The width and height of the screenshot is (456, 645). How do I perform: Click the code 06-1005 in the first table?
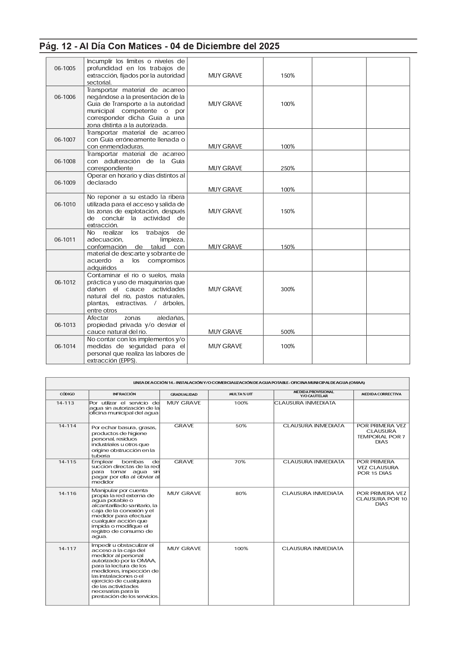[65, 68]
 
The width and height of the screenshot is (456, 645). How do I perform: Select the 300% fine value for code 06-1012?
[288, 289]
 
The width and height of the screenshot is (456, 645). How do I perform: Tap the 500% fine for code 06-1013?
[288, 332]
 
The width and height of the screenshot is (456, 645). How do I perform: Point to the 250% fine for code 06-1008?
[288, 168]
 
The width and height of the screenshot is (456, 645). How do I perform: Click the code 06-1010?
[65, 204]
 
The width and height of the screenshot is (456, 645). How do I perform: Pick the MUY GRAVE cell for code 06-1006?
[225, 104]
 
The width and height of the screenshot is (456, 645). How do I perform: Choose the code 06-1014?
[65, 346]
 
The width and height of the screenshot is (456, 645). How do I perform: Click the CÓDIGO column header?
[67, 394]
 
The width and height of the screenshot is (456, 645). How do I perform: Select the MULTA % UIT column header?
[241, 394]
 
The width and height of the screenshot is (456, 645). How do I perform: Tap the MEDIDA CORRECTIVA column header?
[381, 394]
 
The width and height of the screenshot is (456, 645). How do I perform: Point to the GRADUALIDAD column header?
[184, 394]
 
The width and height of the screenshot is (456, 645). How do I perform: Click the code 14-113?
[65, 403]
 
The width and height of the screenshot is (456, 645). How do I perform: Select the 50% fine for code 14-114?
[241, 426]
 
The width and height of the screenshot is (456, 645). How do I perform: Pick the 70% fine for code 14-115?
[240, 462]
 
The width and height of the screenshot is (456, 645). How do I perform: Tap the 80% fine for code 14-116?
[241, 493]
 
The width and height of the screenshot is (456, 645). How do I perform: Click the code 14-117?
[68, 549]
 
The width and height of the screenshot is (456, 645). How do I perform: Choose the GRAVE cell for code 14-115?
[184, 462]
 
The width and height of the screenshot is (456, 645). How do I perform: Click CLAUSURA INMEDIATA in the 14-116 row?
[312, 493]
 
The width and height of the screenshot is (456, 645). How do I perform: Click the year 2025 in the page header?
[269, 46]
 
